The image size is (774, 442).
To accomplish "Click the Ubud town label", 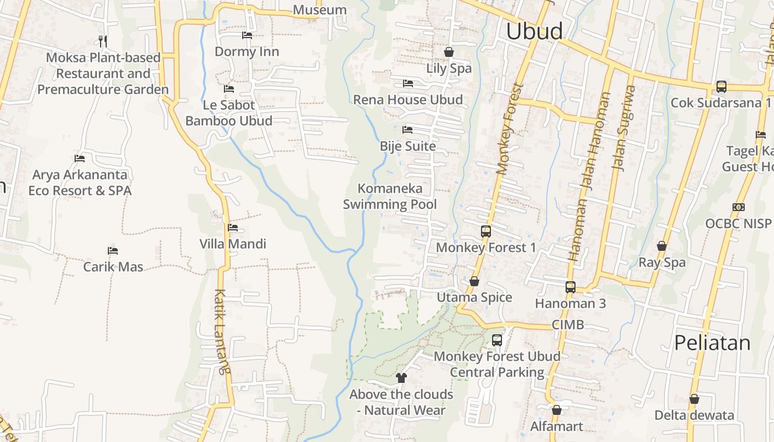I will click(x=534, y=31).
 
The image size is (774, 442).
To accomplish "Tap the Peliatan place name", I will click(x=712, y=343).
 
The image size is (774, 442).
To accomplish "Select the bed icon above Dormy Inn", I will click(x=247, y=35).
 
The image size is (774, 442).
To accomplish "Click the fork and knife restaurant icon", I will click(x=103, y=41).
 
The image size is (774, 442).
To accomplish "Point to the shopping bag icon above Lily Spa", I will click(x=449, y=52).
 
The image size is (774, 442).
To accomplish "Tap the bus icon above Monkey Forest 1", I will click(x=486, y=231).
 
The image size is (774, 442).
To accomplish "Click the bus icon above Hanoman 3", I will click(x=571, y=287).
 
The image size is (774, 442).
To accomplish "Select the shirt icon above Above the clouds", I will click(x=401, y=378).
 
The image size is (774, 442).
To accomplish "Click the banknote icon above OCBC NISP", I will click(x=738, y=207).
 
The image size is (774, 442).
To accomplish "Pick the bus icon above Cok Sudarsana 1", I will click(x=721, y=87).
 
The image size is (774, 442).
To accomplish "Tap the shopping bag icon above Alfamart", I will click(x=557, y=410).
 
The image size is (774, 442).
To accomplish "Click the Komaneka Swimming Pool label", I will click(x=390, y=196).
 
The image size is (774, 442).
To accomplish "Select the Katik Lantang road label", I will click(x=221, y=331).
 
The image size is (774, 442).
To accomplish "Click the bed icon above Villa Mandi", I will click(x=233, y=228).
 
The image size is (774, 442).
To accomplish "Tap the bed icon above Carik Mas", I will click(x=113, y=251).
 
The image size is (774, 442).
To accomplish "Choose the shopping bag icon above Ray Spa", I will click(x=662, y=246).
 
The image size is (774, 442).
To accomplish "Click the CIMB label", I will click(x=568, y=325).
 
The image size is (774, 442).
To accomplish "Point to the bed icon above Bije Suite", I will click(x=407, y=130).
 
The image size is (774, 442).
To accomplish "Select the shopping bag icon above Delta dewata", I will click(x=694, y=399).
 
